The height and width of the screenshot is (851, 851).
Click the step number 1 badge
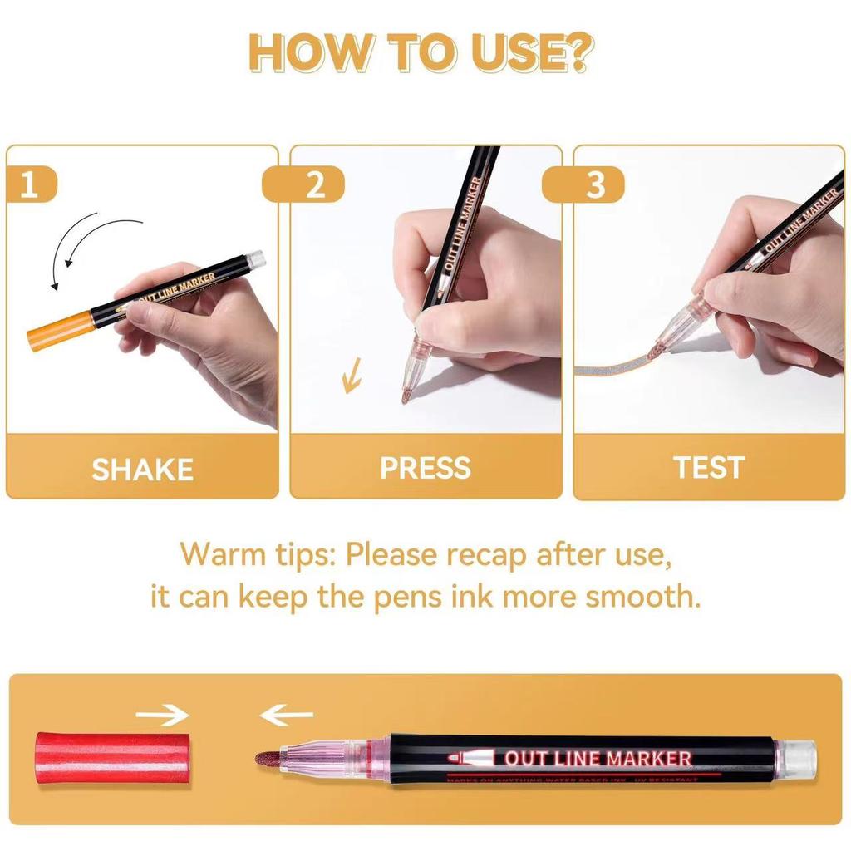(x=30, y=184)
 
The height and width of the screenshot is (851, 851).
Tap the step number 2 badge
(x=314, y=184)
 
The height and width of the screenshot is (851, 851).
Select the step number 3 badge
(x=595, y=184)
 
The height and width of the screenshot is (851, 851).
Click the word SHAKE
(x=142, y=470)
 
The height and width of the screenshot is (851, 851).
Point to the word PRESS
(x=425, y=468)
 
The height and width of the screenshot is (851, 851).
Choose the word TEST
(x=709, y=468)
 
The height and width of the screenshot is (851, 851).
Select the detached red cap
(x=89, y=758)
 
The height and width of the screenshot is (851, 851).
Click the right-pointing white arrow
(x=162, y=715)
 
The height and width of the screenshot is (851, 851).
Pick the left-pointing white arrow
(x=286, y=715)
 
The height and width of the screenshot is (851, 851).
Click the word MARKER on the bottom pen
(x=648, y=758)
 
